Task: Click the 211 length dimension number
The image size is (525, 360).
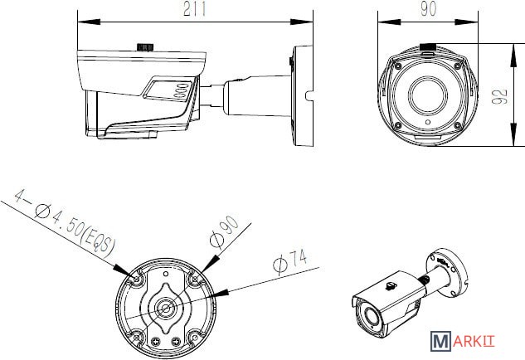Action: click(195, 9)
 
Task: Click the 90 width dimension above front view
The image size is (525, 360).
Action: click(428, 9)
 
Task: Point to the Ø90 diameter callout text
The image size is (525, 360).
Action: click(224, 231)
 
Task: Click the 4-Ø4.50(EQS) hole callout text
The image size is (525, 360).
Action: click(66, 223)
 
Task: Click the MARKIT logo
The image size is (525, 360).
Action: click(462, 341)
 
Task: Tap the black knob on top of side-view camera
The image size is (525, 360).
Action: click(145, 47)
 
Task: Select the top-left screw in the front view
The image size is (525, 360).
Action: click(397, 66)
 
